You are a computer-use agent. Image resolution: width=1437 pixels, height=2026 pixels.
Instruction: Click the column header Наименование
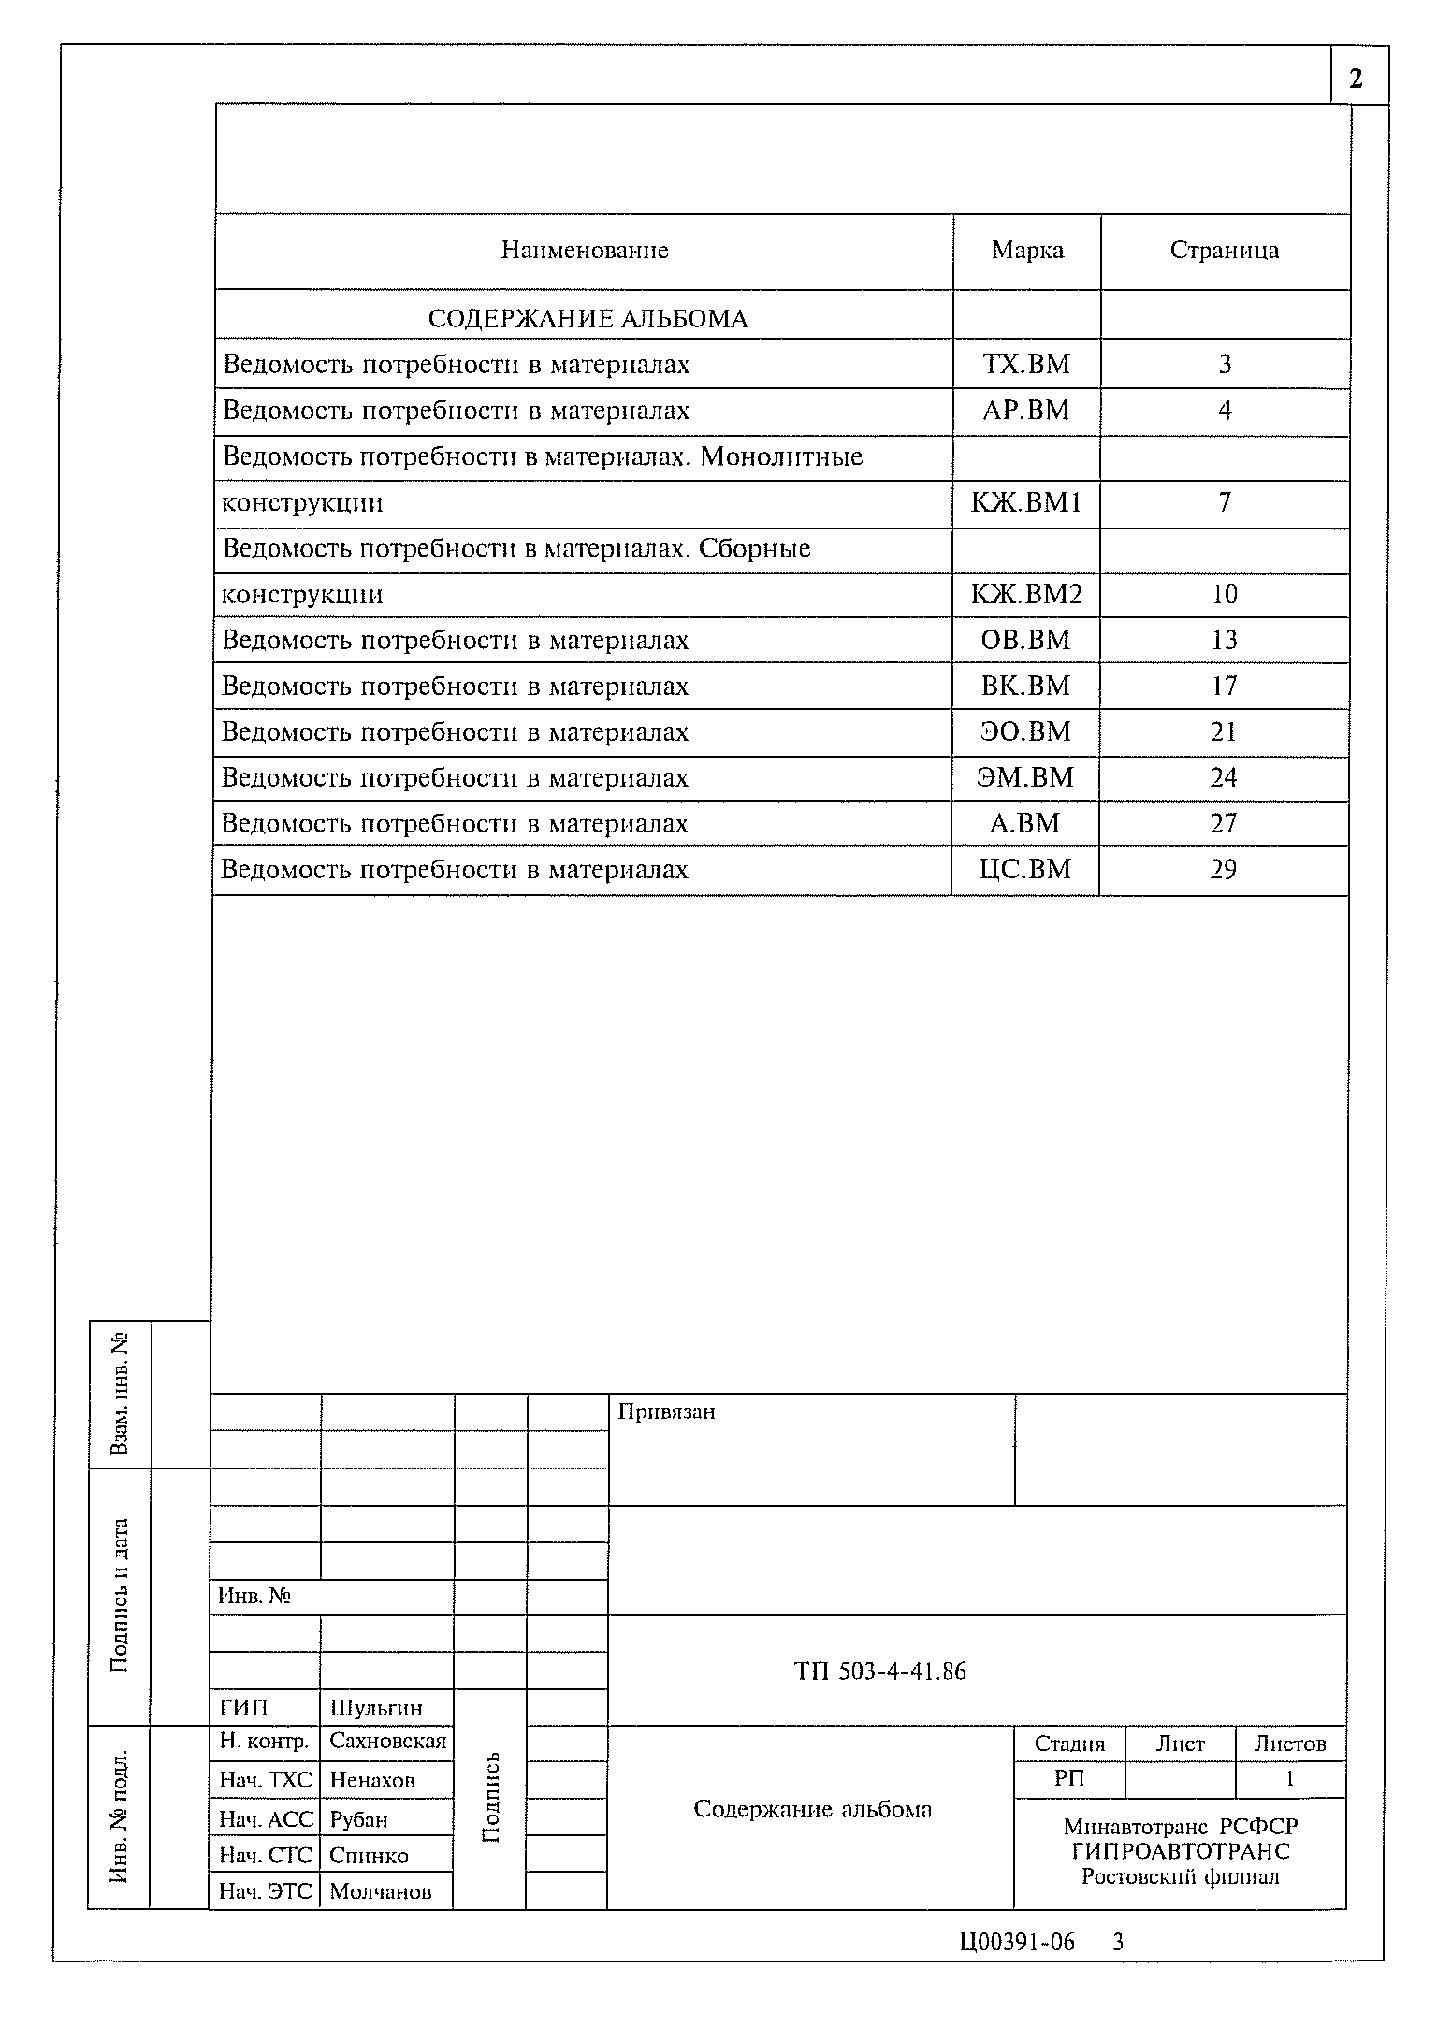click(x=585, y=251)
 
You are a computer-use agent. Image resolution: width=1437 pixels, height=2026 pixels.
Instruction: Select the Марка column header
click(x=1027, y=251)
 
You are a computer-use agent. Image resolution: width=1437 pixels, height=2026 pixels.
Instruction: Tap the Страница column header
click(x=1224, y=251)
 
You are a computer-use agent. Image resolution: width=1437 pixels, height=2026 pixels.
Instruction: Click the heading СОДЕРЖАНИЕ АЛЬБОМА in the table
click(x=588, y=319)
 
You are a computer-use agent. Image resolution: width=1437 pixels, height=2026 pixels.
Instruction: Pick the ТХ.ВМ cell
click(x=1026, y=365)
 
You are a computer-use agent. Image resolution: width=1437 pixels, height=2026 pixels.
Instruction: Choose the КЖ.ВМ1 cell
click(x=1026, y=503)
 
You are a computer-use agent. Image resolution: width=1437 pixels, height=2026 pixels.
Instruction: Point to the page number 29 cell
click(x=1223, y=870)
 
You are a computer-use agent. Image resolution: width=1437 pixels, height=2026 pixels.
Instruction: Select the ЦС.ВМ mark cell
click(x=1025, y=870)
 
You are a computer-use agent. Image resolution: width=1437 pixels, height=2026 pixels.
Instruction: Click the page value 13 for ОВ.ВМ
click(x=1224, y=641)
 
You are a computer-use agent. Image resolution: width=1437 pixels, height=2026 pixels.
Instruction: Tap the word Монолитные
click(x=781, y=457)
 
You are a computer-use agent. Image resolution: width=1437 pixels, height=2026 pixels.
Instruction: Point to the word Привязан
click(x=666, y=1412)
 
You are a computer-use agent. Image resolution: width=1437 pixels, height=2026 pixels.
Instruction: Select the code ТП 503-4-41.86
click(x=879, y=1671)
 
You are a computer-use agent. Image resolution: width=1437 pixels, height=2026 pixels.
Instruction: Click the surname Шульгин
click(x=376, y=1708)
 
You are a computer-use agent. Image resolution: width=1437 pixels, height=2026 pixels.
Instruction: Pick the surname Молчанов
click(x=381, y=1891)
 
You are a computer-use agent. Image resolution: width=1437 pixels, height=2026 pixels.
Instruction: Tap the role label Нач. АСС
click(x=265, y=1819)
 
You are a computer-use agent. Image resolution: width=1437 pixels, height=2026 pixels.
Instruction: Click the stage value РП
click(x=1069, y=1779)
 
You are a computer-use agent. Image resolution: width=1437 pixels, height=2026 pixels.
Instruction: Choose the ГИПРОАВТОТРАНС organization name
click(x=1181, y=1851)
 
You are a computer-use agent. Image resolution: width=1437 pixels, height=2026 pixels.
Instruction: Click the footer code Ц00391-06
click(x=1017, y=1943)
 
